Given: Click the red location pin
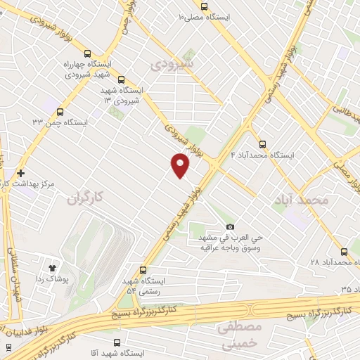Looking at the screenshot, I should (181, 166).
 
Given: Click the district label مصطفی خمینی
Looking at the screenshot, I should (239, 336).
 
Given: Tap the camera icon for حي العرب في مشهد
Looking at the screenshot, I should (230, 226).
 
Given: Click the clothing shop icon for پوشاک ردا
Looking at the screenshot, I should (52, 268).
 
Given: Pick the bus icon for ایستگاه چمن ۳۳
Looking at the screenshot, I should (59, 112).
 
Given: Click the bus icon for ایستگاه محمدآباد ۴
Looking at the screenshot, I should (263, 144).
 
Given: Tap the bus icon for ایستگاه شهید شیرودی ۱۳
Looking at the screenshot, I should (122, 79).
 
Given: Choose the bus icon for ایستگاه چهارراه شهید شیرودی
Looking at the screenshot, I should (86, 53).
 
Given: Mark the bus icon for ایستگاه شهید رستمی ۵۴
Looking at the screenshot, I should (143, 270).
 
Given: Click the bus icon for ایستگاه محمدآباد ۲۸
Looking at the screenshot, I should (344, 251).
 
